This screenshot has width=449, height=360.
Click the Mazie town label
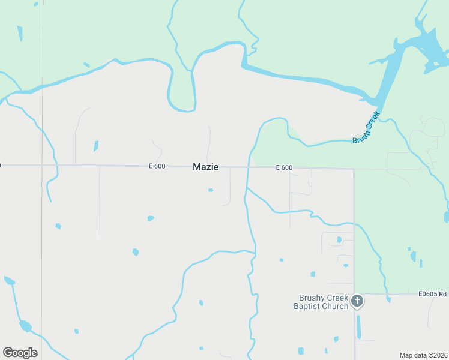coord(205,167)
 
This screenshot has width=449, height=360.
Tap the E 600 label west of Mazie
coord(157,166)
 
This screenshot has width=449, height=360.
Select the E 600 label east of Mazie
coord(284,168)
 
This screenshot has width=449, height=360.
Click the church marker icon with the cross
coord(357,301)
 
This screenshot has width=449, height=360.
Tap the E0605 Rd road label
coord(433,294)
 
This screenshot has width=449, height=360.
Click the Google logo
coord(20,352)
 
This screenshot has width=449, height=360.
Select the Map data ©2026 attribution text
coord(423,355)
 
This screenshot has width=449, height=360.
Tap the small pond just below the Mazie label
coord(211,190)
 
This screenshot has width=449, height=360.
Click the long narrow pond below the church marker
coord(359,327)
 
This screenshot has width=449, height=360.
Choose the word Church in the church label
coord(337,307)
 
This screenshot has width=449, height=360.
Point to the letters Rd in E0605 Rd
coord(442,294)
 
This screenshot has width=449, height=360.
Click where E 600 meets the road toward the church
coord(354,169)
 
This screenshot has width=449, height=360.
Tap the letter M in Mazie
coord(197,167)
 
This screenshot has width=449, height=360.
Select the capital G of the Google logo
coord(8,352)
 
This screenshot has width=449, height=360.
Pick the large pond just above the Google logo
coord(25,326)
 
